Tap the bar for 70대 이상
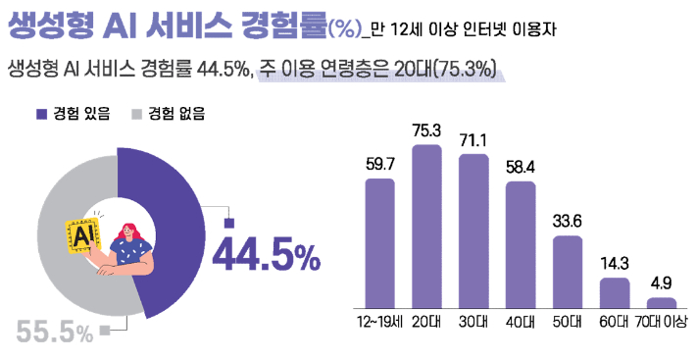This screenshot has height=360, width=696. coord(662,302)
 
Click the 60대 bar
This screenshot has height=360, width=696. coord(615,292)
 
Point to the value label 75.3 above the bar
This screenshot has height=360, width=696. coord(425,130)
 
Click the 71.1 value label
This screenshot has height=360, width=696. coord(472,139)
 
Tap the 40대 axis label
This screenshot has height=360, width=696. coord(520,322)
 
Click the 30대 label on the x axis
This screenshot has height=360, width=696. coord(472,322)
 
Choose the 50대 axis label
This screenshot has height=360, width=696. coord(568,322)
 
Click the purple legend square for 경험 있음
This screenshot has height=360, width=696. coord(41,114)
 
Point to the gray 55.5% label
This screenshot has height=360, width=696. coord(54,333)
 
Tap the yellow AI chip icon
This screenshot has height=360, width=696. coord(83,235)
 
